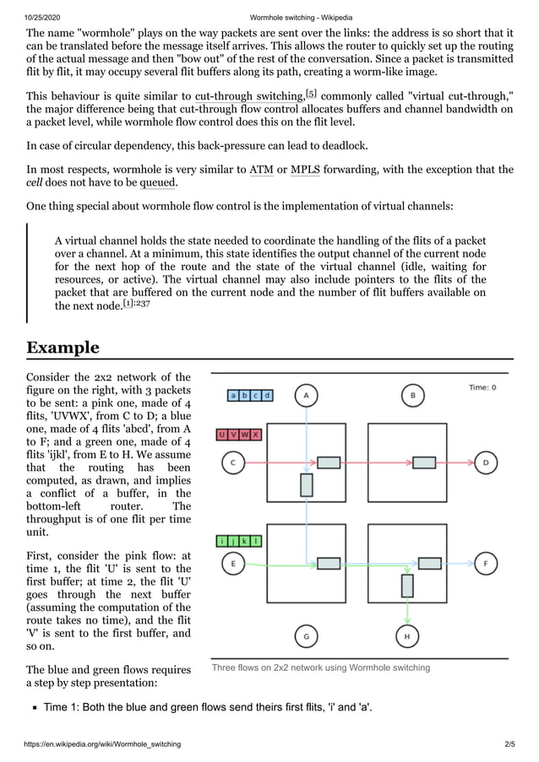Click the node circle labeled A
point(306,395)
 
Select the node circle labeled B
point(412,395)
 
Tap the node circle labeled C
point(232,462)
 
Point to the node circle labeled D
point(485,462)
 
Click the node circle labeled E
point(232,563)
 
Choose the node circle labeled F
point(485,563)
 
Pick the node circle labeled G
point(306,636)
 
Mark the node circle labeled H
point(407,636)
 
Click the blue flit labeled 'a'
point(233,395)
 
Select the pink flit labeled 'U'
point(222,435)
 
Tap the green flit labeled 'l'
point(256,540)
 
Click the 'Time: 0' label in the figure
point(482,387)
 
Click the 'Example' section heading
point(63,348)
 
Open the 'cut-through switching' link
point(248,96)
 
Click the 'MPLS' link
point(305,170)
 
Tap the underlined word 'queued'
point(157,182)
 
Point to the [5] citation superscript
point(311,92)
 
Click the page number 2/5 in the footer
point(509,743)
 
